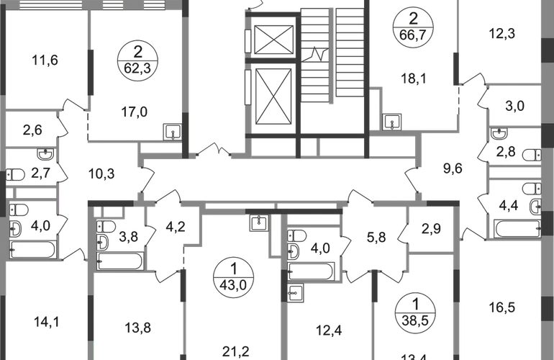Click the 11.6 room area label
(x=45, y=60)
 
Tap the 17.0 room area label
(x=137, y=112)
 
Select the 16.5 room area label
(x=501, y=305)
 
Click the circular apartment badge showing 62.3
(x=137, y=61)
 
